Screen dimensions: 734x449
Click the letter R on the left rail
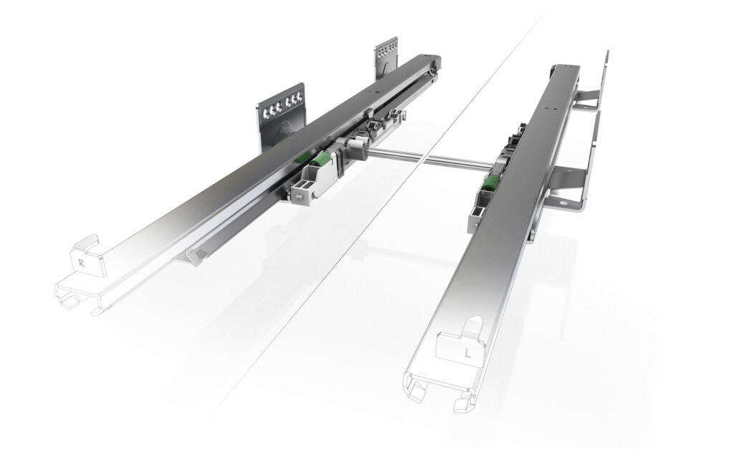82,264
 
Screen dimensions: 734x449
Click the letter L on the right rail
467,353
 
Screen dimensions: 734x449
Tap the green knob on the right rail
489,184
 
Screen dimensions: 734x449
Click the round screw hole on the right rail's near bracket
563,203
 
